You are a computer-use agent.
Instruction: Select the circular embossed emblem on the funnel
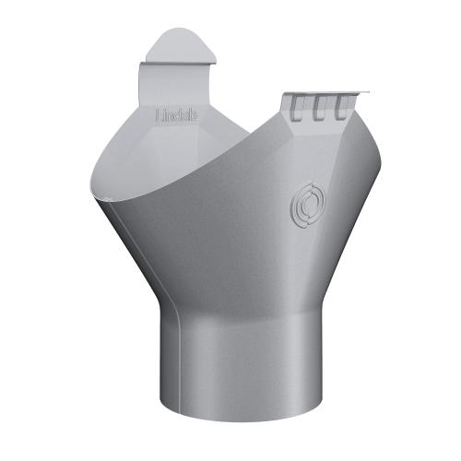click(303, 202)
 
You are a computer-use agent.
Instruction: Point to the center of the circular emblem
click(303, 202)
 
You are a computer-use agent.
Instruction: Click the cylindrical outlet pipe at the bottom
click(231, 369)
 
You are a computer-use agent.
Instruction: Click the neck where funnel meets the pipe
click(230, 309)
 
